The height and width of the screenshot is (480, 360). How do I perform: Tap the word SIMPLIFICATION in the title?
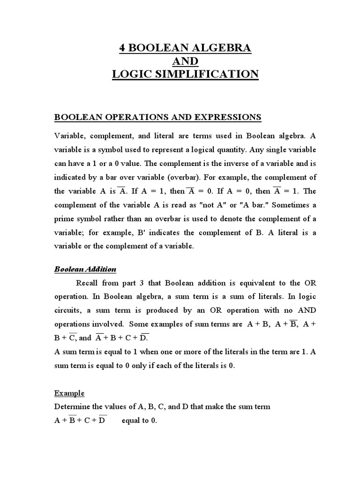point(215,74)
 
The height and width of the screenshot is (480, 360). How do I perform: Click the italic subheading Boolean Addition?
point(85,269)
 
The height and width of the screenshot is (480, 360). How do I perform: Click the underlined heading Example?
point(69,393)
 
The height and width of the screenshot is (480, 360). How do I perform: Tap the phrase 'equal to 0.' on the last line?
point(139,420)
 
